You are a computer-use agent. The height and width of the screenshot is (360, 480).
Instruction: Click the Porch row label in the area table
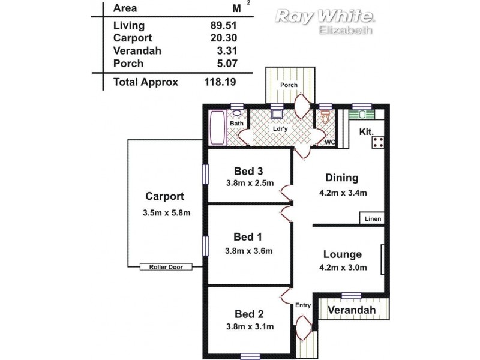click(x=127, y=63)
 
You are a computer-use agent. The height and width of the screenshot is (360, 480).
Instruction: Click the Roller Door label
click(x=166, y=267)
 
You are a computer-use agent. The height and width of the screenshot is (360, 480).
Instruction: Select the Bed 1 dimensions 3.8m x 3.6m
click(x=250, y=251)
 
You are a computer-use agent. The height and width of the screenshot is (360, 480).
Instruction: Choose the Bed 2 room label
click(x=249, y=314)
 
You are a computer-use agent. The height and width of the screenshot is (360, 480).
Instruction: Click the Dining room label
click(x=341, y=178)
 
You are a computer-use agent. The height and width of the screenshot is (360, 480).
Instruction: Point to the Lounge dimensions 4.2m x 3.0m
click(x=342, y=268)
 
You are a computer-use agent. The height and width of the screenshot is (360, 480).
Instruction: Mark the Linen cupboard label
click(x=373, y=219)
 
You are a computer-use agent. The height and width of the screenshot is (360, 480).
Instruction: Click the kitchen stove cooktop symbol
click(x=379, y=143)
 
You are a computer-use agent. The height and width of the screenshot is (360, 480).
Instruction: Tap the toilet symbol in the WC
click(x=326, y=120)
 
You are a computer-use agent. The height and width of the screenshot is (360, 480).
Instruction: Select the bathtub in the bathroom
click(x=216, y=127)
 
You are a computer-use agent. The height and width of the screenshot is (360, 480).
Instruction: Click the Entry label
click(x=303, y=305)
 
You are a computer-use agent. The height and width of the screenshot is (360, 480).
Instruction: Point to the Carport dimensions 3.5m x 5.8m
click(x=166, y=213)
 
